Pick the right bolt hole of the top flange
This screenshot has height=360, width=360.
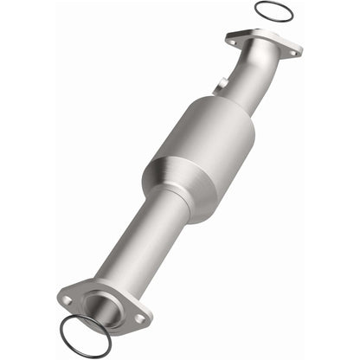tap(291, 53)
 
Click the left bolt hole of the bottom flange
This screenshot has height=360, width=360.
tap(67, 300)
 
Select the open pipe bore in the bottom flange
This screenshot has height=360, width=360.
tap(102, 307)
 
